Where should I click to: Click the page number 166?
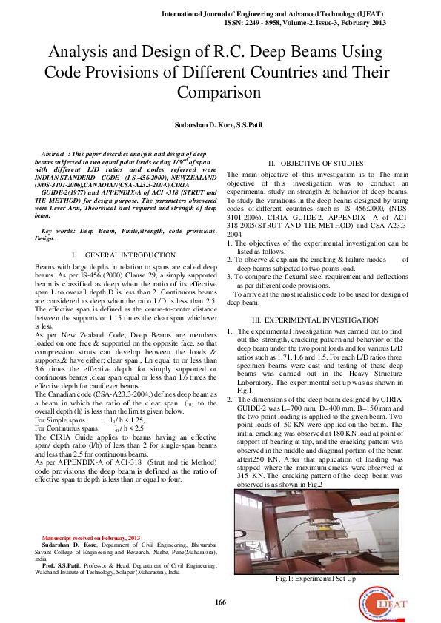pyautogui.click(x=220, y=602)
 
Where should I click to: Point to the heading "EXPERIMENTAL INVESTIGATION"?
pyautogui.click(x=316, y=318)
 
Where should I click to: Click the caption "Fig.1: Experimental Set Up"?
pyautogui.click(x=316, y=578)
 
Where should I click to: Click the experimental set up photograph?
pyautogui.click(x=316, y=531)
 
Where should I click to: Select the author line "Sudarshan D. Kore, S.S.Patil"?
pyautogui.click(x=219, y=126)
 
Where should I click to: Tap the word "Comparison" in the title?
pyautogui.click(x=219, y=92)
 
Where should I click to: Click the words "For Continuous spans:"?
pyautogui.click(x=67, y=428)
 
